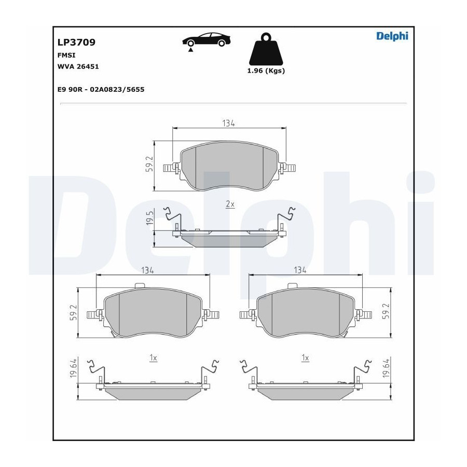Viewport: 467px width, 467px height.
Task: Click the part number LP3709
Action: (76, 43)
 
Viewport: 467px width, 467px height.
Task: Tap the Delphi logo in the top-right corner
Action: (392, 36)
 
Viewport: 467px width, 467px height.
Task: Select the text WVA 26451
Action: (78, 66)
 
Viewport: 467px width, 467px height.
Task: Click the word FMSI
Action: (66, 55)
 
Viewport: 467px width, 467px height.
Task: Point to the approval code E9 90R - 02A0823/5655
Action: (101, 89)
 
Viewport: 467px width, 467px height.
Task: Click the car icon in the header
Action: (207, 39)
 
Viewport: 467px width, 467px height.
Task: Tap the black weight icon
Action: (266, 49)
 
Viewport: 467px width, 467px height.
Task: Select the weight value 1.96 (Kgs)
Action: (266, 71)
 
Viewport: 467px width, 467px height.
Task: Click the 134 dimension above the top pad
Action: (228, 123)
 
